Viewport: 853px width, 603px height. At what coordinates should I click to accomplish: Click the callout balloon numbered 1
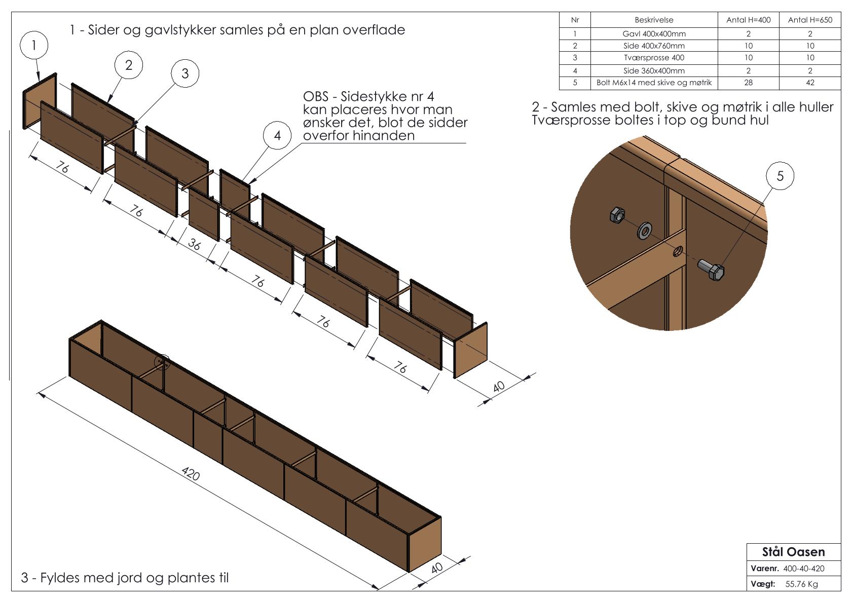click(34, 45)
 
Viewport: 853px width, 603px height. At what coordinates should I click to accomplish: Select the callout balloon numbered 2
click(129, 65)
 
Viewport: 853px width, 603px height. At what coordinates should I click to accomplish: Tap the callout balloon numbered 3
click(185, 73)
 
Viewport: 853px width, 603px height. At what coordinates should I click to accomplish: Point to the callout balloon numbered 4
click(277, 135)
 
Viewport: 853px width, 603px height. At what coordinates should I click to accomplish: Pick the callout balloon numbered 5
click(780, 176)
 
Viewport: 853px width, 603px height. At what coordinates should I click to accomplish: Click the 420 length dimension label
click(191, 474)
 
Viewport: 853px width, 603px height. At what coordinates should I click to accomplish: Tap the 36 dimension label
click(194, 244)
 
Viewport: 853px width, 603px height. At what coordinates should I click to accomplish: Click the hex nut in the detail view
click(617, 215)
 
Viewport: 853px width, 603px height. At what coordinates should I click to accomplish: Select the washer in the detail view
click(644, 231)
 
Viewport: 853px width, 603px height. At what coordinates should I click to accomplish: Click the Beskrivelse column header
click(654, 20)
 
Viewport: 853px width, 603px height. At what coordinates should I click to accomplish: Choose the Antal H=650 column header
click(810, 20)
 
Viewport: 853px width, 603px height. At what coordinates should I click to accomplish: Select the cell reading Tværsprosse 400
click(654, 58)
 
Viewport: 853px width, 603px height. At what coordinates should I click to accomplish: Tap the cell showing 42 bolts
click(810, 83)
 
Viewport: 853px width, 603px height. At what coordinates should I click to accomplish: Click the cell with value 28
click(748, 83)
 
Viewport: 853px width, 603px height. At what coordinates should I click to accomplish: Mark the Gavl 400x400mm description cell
click(654, 34)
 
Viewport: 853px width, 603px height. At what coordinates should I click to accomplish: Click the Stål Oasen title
click(793, 552)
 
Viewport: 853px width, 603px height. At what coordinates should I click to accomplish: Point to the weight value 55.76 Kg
click(801, 584)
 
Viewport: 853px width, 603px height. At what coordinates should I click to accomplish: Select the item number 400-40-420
click(803, 569)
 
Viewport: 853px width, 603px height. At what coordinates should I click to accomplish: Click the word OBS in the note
click(315, 96)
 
